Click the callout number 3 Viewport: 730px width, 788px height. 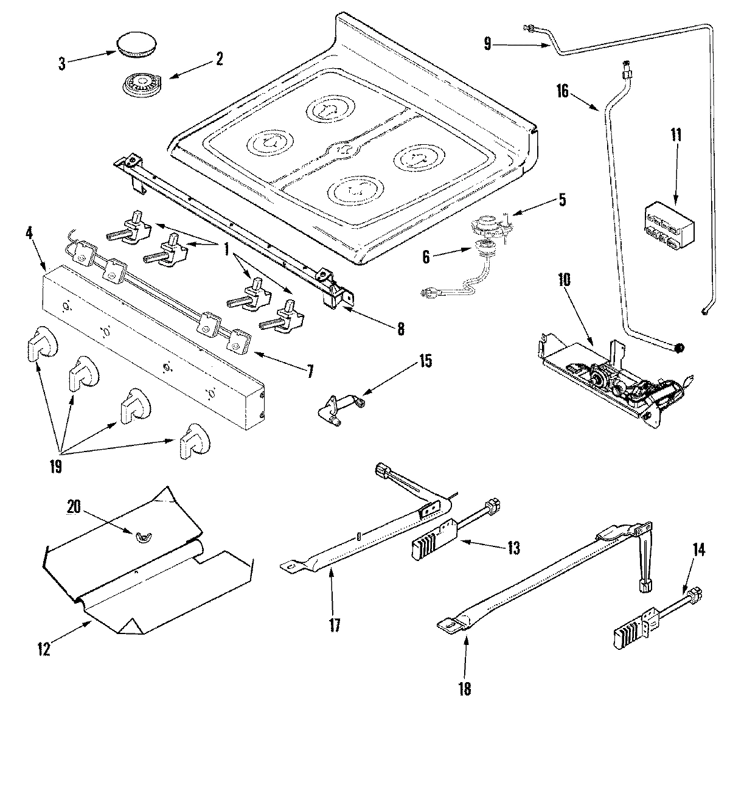[x=61, y=64]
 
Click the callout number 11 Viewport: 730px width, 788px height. [x=676, y=135]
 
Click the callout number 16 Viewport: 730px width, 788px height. [x=562, y=91]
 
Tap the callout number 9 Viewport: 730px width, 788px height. [x=487, y=43]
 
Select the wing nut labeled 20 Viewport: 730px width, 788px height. [x=144, y=534]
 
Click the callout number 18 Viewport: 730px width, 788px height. [x=465, y=689]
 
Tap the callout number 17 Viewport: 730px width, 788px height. [x=335, y=625]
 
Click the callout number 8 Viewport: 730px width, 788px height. [x=400, y=329]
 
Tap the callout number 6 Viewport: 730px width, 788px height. [x=426, y=257]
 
